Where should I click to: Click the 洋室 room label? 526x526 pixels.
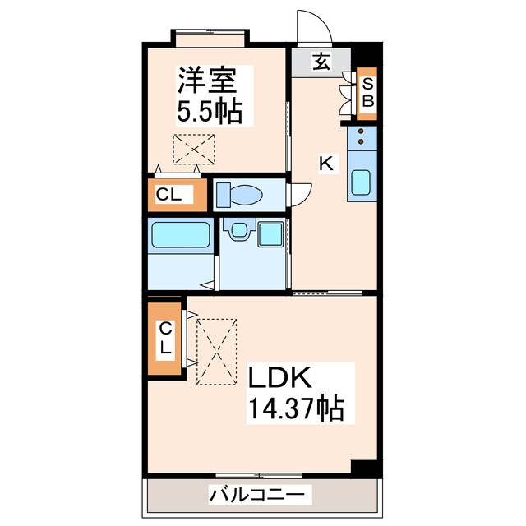(x=208, y=81)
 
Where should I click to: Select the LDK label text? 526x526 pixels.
(x=279, y=379)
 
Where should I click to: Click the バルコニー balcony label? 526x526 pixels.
(x=260, y=495)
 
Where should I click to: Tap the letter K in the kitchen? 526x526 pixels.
(x=326, y=164)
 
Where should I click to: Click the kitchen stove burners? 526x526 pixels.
(x=361, y=141)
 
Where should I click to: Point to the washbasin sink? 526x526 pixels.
(x=239, y=231)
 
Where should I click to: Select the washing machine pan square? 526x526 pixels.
(x=269, y=233)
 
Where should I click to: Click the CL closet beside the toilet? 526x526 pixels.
(x=174, y=195)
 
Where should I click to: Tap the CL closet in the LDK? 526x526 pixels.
(x=166, y=338)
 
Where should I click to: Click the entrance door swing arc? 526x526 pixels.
(x=312, y=29)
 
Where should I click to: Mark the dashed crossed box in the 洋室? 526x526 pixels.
(x=193, y=149)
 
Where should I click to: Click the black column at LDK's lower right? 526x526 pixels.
(x=362, y=466)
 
